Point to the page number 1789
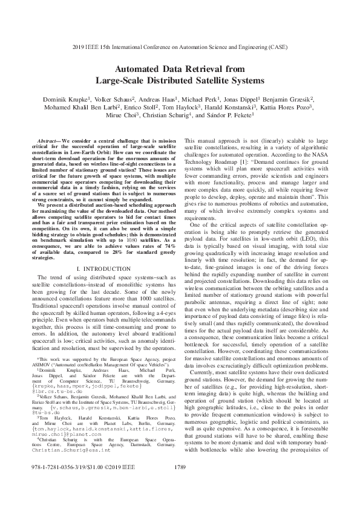[180, 484]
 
